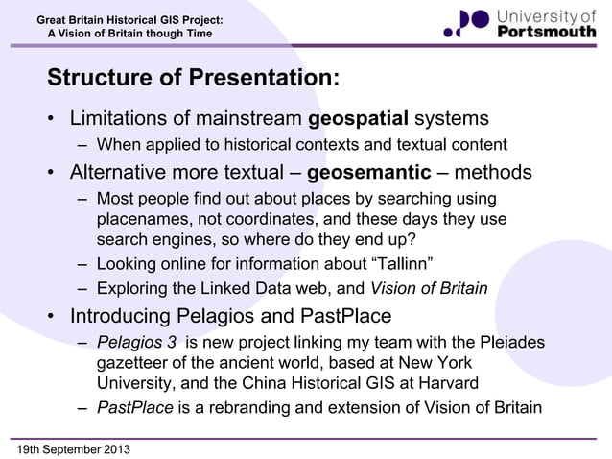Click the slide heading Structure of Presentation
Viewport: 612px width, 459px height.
tap(192, 78)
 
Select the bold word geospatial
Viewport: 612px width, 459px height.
tap(358, 119)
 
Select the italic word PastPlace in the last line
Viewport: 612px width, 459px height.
tap(134, 407)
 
